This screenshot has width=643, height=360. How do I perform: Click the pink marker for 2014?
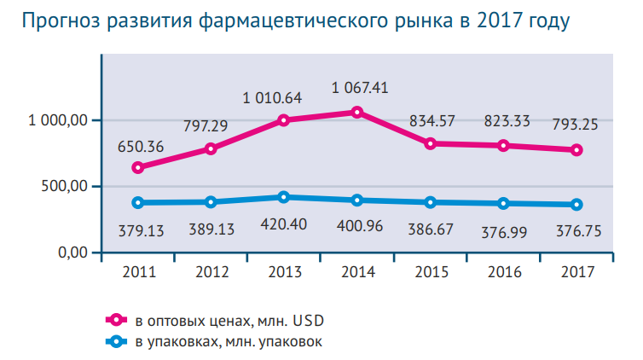[356, 112]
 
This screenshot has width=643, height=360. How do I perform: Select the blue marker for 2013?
[284, 197]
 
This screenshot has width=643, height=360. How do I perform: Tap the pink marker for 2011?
[138, 167]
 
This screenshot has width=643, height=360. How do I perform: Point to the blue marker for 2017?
[576, 205]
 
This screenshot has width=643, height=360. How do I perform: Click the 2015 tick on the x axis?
[431, 272]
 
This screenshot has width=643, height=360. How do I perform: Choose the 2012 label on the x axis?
[211, 272]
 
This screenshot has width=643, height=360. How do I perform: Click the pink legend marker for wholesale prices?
[114, 320]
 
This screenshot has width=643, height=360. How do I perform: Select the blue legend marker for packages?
[114, 340]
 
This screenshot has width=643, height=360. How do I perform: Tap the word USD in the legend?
[309, 321]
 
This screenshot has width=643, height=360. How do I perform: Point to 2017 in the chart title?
[497, 20]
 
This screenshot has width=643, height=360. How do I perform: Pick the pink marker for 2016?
[503, 146]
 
